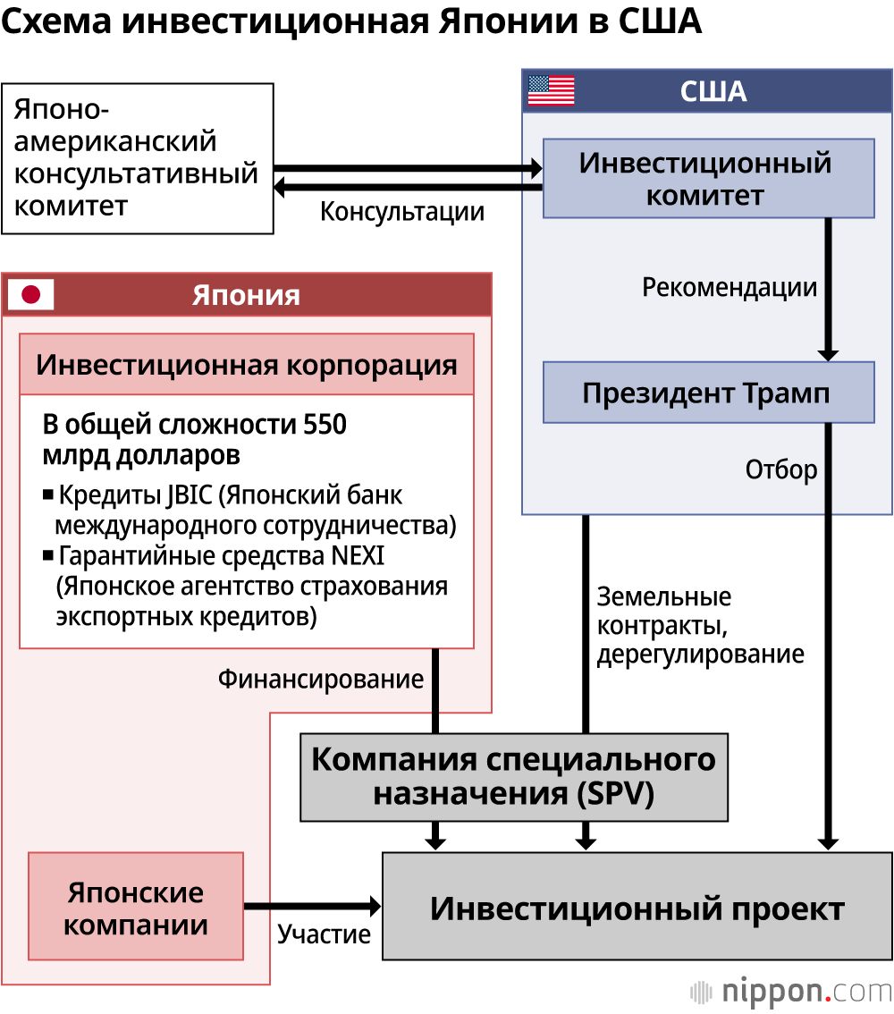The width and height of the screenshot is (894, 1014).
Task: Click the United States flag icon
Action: tap(551, 90)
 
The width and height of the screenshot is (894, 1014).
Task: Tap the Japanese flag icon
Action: tap(31, 294)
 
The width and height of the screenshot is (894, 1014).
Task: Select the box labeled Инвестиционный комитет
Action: tap(708, 178)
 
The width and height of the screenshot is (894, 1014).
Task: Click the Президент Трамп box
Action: tap(708, 393)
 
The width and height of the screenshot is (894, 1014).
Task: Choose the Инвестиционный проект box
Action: tap(637, 907)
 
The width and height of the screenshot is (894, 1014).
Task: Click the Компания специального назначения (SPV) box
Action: tap(514, 776)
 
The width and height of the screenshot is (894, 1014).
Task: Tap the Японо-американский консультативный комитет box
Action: tap(137, 158)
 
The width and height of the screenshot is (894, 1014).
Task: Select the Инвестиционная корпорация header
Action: tap(247, 365)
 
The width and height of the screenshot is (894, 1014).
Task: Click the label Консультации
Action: tap(402, 212)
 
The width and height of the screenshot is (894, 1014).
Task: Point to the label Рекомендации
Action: tap(730, 287)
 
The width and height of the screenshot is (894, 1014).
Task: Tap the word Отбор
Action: tap(781, 469)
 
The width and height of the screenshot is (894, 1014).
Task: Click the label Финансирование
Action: tap(321, 679)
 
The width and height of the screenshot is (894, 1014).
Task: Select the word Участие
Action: tap(324, 934)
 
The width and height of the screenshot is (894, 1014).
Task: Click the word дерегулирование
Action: tap(700, 654)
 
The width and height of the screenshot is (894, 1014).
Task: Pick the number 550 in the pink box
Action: tap(324, 424)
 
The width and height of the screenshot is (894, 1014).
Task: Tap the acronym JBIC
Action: tap(189, 494)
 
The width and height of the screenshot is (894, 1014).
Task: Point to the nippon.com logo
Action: tap(791, 991)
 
